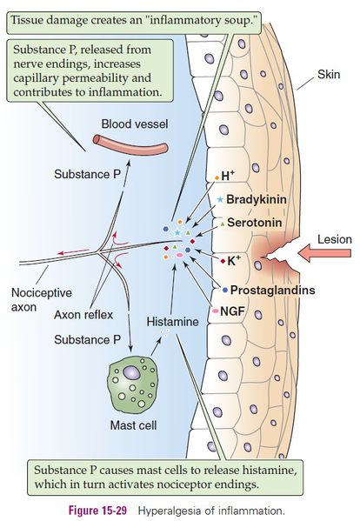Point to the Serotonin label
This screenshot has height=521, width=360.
point(253,223)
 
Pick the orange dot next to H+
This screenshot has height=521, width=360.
point(217,177)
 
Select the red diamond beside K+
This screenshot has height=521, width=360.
point(223,261)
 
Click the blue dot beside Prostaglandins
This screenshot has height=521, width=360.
point(225,289)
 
